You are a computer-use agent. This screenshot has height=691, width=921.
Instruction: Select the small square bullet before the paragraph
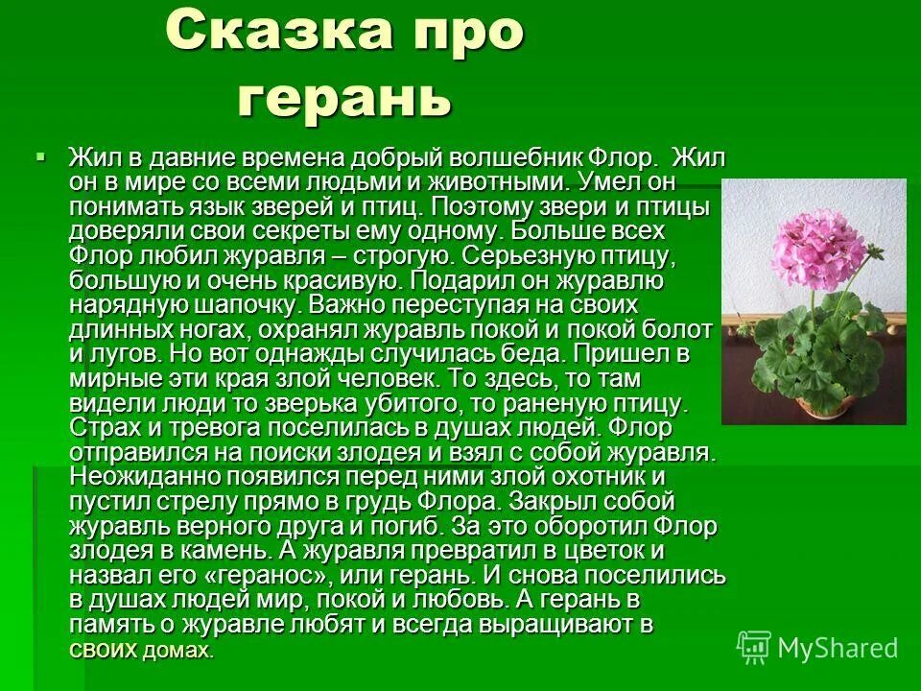40,155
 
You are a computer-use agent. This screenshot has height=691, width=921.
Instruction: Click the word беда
526,354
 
